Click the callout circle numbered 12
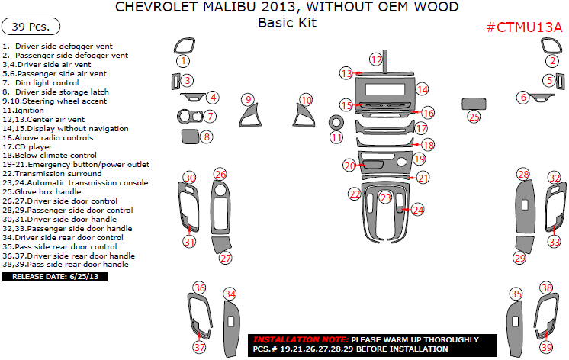(375, 59)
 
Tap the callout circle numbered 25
(474, 117)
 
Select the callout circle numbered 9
(247, 99)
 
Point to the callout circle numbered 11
(336, 137)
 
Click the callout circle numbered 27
(225, 259)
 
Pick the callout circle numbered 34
(230, 294)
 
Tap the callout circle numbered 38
(546, 288)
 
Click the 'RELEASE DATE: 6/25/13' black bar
(56, 276)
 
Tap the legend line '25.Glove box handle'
(41, 191)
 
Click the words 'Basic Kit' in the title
(286, 23)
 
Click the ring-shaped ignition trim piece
(336, 122)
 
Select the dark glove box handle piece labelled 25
(474, 103)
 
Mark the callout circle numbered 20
(349, 166)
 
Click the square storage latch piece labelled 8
(191, 137)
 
